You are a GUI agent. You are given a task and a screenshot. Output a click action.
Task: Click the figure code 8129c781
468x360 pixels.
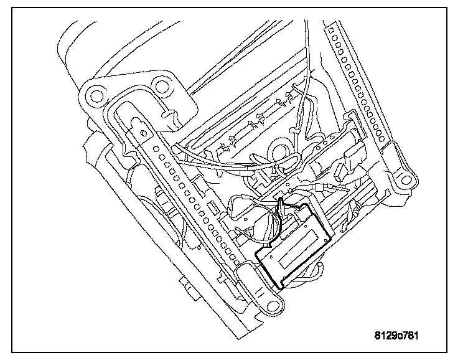pos(396,336)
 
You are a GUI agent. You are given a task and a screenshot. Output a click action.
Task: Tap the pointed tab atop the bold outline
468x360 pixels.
pos(281,206)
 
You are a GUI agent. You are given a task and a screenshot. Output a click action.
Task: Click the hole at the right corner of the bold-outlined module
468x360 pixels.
pos(325,240)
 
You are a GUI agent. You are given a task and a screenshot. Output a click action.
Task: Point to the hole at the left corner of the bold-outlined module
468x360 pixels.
pos(271,257)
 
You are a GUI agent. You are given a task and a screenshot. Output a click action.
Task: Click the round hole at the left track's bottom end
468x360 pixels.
pos(272,306)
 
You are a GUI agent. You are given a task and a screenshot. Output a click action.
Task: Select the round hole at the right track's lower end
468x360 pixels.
pos(406,180)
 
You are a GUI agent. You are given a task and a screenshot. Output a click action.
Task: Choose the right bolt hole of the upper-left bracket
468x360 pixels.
pos(161,86)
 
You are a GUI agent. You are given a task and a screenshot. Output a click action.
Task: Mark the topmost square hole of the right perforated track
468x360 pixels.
pos(330,30)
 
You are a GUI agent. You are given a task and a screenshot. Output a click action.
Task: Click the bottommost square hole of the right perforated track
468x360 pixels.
pos(381,139)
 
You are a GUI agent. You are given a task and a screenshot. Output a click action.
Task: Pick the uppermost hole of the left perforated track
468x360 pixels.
pos(155,148)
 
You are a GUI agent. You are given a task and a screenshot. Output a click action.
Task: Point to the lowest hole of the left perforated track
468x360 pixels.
pos(237,263)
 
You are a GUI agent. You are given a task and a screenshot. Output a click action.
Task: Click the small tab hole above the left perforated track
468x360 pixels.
pos(144,132)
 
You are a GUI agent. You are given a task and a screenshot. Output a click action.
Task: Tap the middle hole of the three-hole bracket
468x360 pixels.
pos(324,143)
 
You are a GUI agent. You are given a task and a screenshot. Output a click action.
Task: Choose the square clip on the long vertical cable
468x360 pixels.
pos(294,130)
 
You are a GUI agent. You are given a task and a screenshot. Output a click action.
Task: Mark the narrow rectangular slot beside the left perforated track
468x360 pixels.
pos(212,208)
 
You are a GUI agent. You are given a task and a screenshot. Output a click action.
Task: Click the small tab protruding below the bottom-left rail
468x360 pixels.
pos(190,288)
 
